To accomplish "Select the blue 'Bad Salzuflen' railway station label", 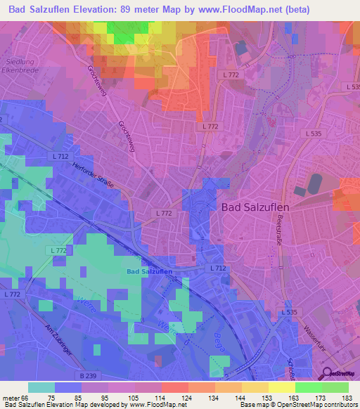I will click(x=150, y=271).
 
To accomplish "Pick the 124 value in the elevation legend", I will click(x=186, y=397).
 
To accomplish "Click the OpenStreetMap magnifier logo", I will click(x=326, y=372).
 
